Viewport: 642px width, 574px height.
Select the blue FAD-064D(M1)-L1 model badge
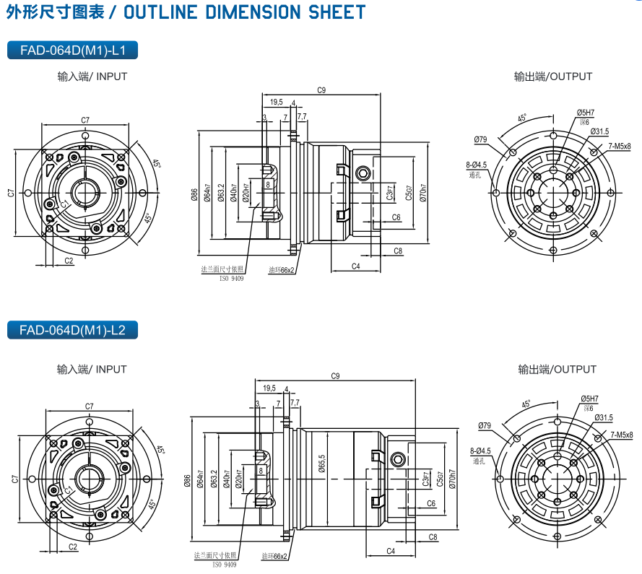click(x=71, y=51)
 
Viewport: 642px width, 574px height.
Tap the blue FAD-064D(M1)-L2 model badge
click(x=71, y=331)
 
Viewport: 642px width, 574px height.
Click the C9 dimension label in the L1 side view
click(x=321, y=90)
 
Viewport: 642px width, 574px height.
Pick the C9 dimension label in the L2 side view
click(x=335, y=376)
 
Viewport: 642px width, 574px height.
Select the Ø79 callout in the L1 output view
click(x=480, y=139)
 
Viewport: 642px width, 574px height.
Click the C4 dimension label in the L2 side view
click(x=390, y=551)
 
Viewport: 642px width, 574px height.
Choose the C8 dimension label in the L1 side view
click(x=398, y=251)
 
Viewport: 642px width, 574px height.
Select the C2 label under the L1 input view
click(x=69, y=261)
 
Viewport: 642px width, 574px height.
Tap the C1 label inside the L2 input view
click(x=70, y=490)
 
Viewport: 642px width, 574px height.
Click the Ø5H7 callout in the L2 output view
click(x=589, y=399)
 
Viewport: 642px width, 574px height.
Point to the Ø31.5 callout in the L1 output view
click(x=599, y=131)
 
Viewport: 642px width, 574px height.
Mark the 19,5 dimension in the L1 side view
click(x=277, y=103)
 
